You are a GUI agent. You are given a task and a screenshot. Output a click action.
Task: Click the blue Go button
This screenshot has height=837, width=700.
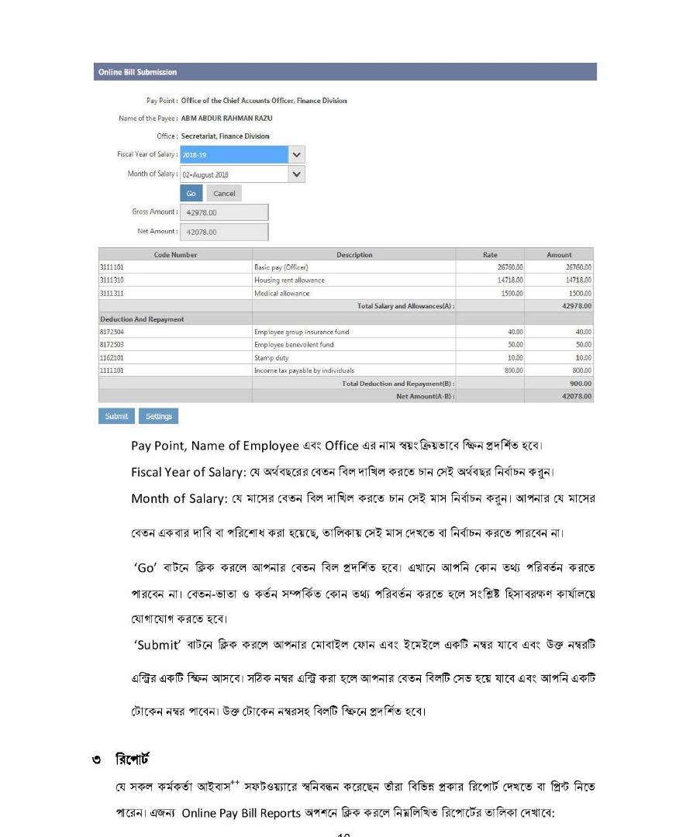coord(191,193)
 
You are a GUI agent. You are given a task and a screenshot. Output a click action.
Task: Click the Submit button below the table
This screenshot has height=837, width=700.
coord(116,416)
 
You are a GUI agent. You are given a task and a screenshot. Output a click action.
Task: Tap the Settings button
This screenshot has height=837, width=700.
coord(158,416)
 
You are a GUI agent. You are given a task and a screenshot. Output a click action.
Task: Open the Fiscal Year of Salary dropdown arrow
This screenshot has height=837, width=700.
coord(296,154)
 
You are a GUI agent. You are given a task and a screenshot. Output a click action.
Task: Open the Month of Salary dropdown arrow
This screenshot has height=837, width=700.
coord(296,174)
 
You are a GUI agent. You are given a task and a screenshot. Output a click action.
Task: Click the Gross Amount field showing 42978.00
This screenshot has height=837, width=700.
coord(224,212)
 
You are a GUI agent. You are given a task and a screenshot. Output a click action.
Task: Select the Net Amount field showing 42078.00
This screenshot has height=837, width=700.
coord(224,232)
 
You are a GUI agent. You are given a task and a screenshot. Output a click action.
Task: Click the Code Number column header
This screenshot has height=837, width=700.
coord(175,254)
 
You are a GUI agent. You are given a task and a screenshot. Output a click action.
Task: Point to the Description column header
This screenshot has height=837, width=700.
coord(354,254)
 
